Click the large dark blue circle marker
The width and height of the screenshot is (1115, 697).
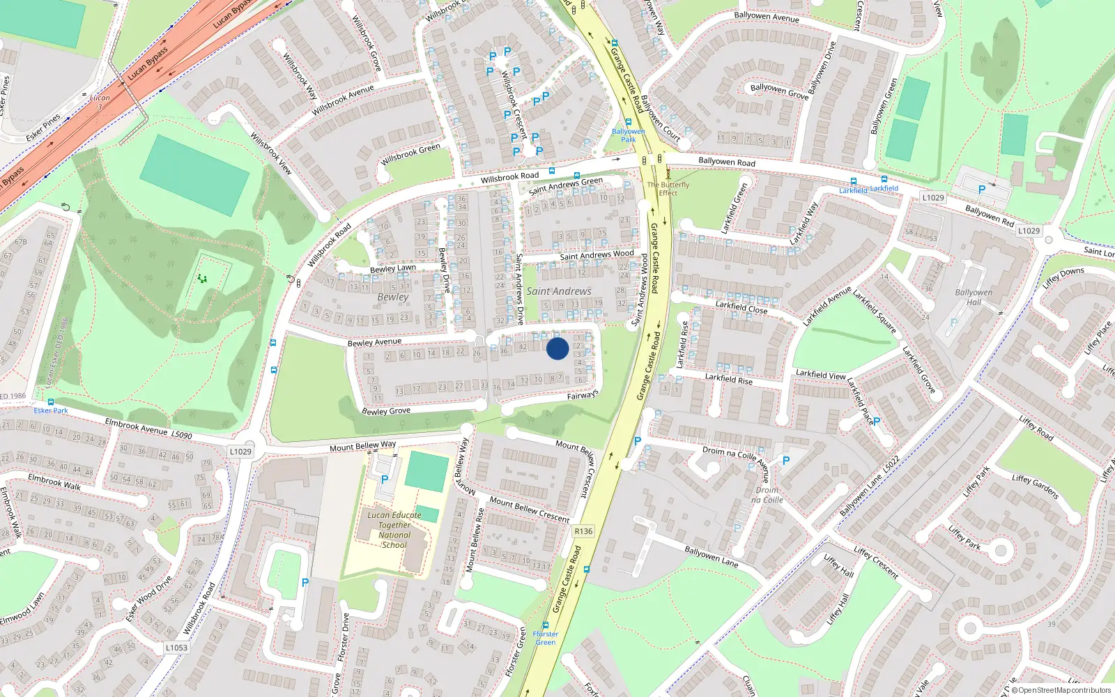click(557, 348)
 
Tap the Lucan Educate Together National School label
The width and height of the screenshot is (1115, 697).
click(394, 530)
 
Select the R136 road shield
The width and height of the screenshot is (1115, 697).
click(583, 531)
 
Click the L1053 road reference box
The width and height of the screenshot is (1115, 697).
click(176, 648)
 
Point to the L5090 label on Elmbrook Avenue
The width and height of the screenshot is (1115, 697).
click(182, 435)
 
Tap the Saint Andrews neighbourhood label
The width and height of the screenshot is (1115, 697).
click(559, 291)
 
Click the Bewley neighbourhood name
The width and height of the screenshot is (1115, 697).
click(393, 297)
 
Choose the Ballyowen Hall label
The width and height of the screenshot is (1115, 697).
click(974, 298)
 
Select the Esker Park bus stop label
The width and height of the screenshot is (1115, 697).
click(51, 411)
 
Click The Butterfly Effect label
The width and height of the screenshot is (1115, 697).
click(668, 189)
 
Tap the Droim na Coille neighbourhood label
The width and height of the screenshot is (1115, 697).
click(767, 495)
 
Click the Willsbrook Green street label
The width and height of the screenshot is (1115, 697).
click(411, 154)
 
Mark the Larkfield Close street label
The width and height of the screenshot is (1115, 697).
click(741, 307)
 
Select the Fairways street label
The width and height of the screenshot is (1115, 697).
click(583, 395)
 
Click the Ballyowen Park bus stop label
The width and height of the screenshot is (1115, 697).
click(629, 135)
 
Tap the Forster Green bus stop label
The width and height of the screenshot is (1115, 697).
click(546, 638)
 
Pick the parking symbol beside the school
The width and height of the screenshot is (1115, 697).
click(385, 480)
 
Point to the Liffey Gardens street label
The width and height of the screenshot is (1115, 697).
click(1036, 487)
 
